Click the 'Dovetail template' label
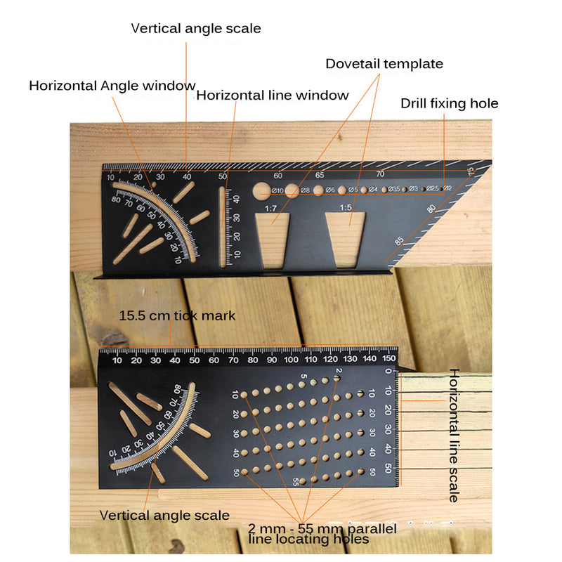point(384,64)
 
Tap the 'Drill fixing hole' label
point(449,104)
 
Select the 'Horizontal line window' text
point(272,95)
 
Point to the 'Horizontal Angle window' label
point(112,86)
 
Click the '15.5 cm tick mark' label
point(177,315)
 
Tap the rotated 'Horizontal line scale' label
point(454,435)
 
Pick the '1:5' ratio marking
point(346,207)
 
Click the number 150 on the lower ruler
point(388,360)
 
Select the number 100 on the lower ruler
point(292,360)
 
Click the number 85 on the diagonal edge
point(400,242)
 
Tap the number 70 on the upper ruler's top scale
point(380,174)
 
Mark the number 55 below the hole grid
point(295,481)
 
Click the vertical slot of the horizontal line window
point(223,226)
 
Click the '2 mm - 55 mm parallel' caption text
point(322,528)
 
